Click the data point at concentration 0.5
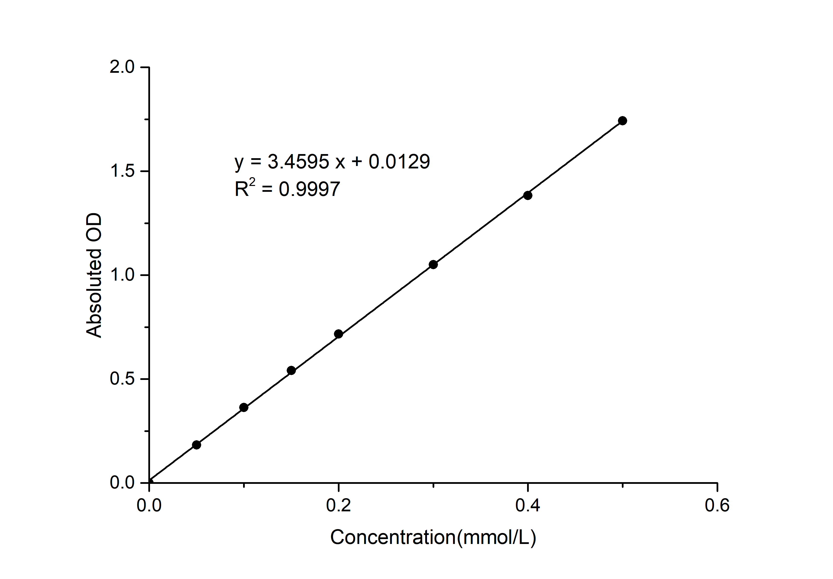point(622,121)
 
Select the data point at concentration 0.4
point(528,195)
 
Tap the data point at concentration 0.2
point(339,334)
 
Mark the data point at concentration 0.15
point(291,370)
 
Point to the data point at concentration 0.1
point(244,407)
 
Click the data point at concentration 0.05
point(196,445)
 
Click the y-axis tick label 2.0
point(122,67)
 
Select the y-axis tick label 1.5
point(122,171)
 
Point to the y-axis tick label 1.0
point(122,275)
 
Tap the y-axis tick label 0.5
point(122,379)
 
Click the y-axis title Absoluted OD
point(94,276)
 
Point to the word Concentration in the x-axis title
point(393,537)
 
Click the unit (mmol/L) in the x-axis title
point(496,537)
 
